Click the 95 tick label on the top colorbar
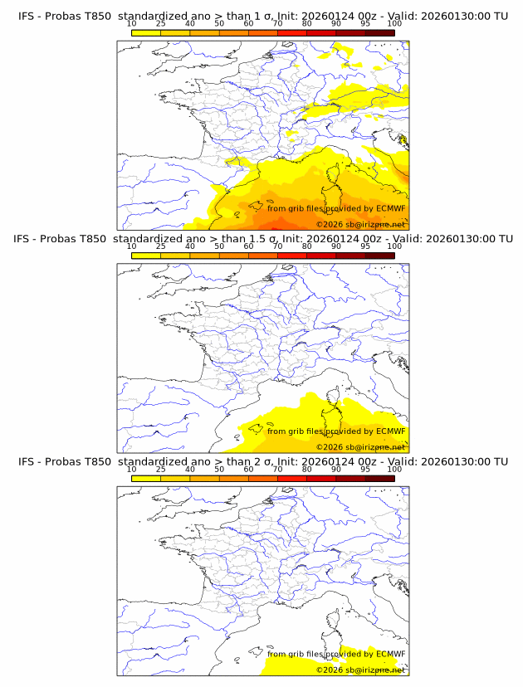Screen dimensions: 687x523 click(x=365, y=23)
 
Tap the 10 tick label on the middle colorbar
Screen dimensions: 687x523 click(x=131, y=246)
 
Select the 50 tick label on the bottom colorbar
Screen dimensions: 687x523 click(x=219, y=469)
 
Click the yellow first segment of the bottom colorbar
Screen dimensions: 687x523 click(x=146, y=477)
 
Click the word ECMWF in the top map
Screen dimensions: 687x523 click(x=391, y=208)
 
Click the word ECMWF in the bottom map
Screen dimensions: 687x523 click(x=391, y=653)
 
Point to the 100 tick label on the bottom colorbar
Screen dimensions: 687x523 click(x=394, y=469)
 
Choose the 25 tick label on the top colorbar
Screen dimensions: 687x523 click(x=160, y=23)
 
